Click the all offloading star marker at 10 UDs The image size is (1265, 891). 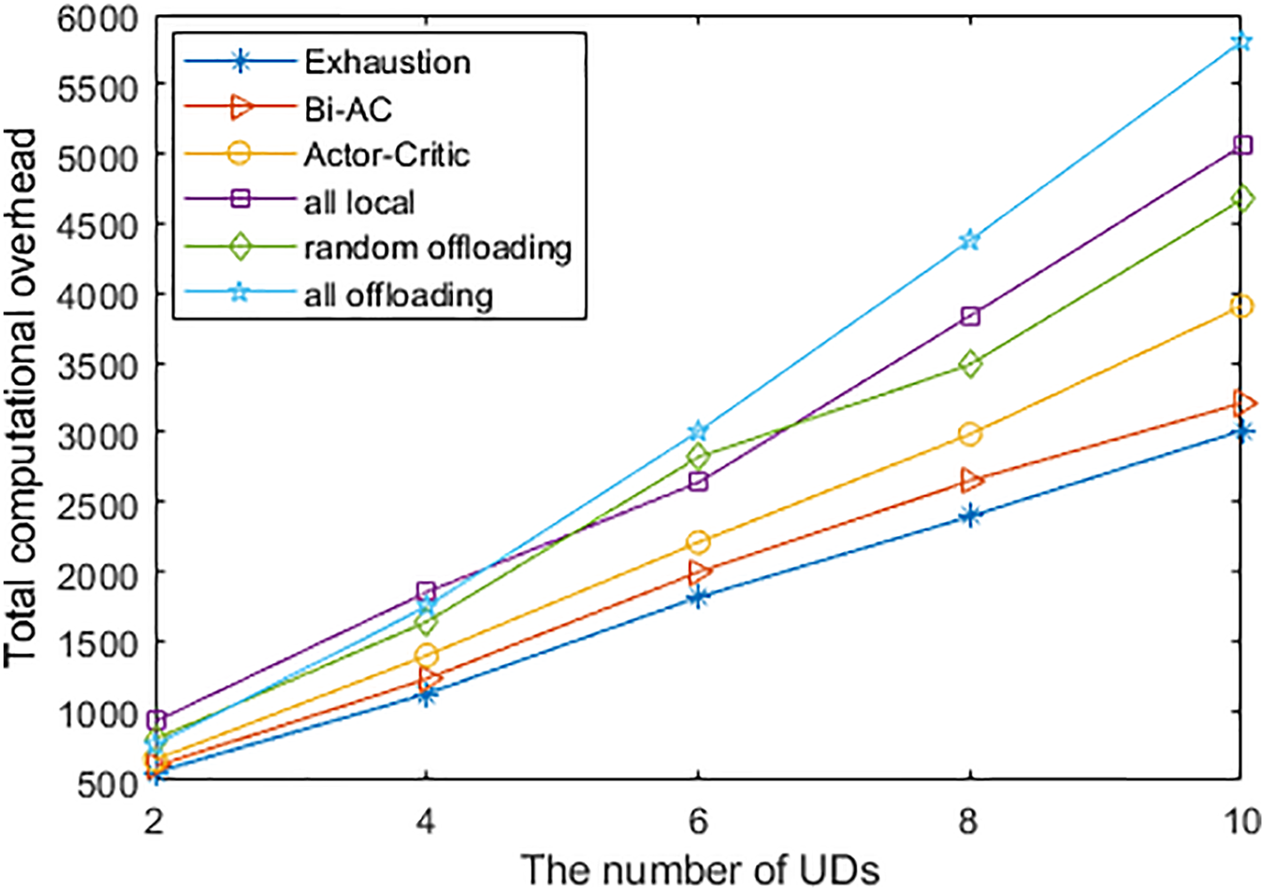(x=1241, y=42)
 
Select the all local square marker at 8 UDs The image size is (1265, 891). (x=969, y=317)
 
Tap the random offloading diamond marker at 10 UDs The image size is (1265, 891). (x=1241, y=200)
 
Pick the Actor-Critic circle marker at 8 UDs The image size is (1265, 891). (x=969, y=434)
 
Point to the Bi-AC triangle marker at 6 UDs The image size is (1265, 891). (x=699, y=571)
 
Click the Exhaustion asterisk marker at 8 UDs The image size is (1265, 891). (x=969, y=516)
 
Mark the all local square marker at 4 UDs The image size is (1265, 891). (x=426, y=592)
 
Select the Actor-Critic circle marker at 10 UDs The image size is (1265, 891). (x=1241, y=307)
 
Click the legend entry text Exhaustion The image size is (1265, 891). (x=387, y=62)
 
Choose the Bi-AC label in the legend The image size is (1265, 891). (x=347, y=109)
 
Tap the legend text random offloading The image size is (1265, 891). (x=438, y=248)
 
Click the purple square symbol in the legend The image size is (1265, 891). (x=239, y=201)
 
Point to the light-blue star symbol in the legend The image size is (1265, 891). (x=239, y=294)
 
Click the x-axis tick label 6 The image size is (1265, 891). (x=699, y=821)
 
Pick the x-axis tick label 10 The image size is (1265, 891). (x=1243, y=821)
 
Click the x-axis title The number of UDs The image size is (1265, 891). (x=700, y=869)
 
